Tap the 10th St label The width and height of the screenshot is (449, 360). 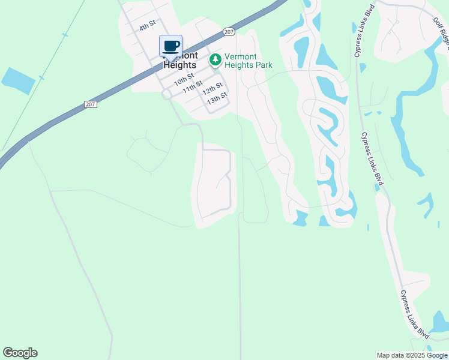click(184, 78)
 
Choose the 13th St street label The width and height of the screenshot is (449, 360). click(217, 97)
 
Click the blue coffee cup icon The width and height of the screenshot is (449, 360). click(171, 46)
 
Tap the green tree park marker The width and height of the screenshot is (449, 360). click(215, 61)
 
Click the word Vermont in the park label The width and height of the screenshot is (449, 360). click(240, 57)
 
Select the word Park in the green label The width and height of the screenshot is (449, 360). click(262, 65)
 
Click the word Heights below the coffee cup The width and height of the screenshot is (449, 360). click(180, 64)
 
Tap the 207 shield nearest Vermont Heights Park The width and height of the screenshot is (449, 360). click(228, 31)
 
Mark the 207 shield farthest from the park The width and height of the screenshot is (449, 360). click(91, 104)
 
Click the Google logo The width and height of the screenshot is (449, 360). click(20, 353)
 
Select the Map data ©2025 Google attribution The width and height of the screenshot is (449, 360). click(412, 355)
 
